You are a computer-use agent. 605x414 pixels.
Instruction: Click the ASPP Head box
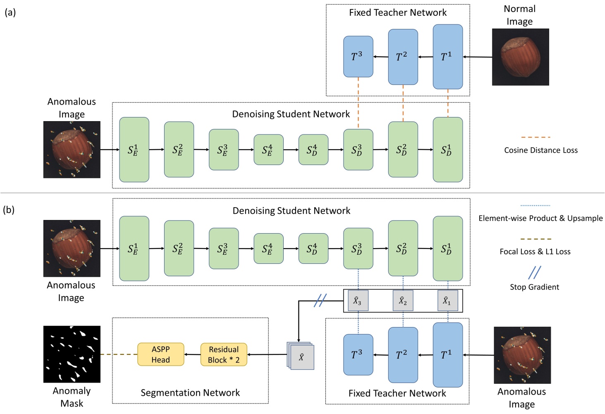point(160,354)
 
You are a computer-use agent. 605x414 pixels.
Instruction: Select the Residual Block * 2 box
point(224,354)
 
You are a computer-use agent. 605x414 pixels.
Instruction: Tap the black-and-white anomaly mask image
point(72,354)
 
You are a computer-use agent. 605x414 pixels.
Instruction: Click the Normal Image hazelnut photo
point(520,57)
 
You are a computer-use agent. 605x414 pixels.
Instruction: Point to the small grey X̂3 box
point(358,301)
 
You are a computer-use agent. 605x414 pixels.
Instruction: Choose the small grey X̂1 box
point(447,301)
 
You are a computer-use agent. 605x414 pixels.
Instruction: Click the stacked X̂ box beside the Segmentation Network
point(301,356)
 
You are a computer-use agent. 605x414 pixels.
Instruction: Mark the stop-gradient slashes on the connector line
point(320,300)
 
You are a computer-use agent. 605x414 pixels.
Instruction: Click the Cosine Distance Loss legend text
point(540,150)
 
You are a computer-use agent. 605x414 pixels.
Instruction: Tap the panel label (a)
point(10,12)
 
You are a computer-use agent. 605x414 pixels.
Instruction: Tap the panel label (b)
point(9,210)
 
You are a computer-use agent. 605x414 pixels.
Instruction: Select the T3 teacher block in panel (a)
point(358,57)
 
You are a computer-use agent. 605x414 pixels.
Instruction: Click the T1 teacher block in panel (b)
point(447,354)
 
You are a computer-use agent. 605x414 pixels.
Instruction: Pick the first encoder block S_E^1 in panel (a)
point(134,150)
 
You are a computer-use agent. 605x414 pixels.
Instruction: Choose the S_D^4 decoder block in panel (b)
point(313,249)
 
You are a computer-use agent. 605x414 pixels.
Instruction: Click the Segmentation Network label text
point(190,392)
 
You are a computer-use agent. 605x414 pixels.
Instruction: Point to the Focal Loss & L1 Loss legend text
point(535,251)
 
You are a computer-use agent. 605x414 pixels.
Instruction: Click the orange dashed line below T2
point(403,103)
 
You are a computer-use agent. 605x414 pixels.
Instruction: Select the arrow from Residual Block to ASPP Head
point(192,354)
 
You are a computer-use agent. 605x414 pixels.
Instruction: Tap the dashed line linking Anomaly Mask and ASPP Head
point(119,354)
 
